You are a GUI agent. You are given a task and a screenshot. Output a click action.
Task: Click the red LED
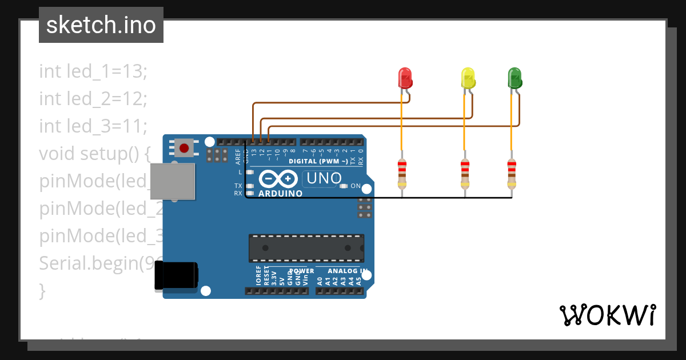(x=405, y=78)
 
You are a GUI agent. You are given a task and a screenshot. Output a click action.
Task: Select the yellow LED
(x=468, y=78)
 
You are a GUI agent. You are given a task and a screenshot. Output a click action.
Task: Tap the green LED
(x=514, y=78)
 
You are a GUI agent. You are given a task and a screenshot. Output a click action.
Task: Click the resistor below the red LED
(x=402, y=174)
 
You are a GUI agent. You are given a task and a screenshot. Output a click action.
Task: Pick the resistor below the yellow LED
(x=465, y=174)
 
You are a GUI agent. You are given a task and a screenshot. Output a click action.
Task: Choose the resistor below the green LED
(x=512, y=174)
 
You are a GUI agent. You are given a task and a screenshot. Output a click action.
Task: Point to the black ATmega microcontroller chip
(x=306, y=247)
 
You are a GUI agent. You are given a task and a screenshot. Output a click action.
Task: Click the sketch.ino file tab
(x=101, y=25)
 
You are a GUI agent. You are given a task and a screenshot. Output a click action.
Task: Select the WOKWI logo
(x=607, y=315)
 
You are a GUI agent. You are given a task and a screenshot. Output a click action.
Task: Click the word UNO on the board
(x=324, y=178)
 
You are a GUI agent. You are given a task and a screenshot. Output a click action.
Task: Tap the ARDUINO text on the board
(x=280, y=194)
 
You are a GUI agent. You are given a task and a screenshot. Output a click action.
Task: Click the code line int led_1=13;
(x=93, y=71)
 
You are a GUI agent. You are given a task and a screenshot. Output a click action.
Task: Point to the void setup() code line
(x=94, y=154)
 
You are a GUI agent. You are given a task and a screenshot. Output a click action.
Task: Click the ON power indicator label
(x=355, y=186)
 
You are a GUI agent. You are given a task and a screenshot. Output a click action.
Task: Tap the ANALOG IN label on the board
(x=348, y=271)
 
